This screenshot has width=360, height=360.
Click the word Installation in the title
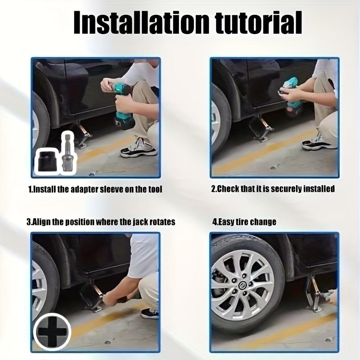tap(141, 22)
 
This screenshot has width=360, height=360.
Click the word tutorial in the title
tap(259, 22)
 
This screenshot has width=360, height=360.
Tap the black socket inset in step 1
tap(47, 161)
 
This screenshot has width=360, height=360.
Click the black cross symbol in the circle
tap(52, 332)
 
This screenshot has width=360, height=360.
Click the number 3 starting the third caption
tap(28, 222)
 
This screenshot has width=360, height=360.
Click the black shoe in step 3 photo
tap(150, 314)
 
